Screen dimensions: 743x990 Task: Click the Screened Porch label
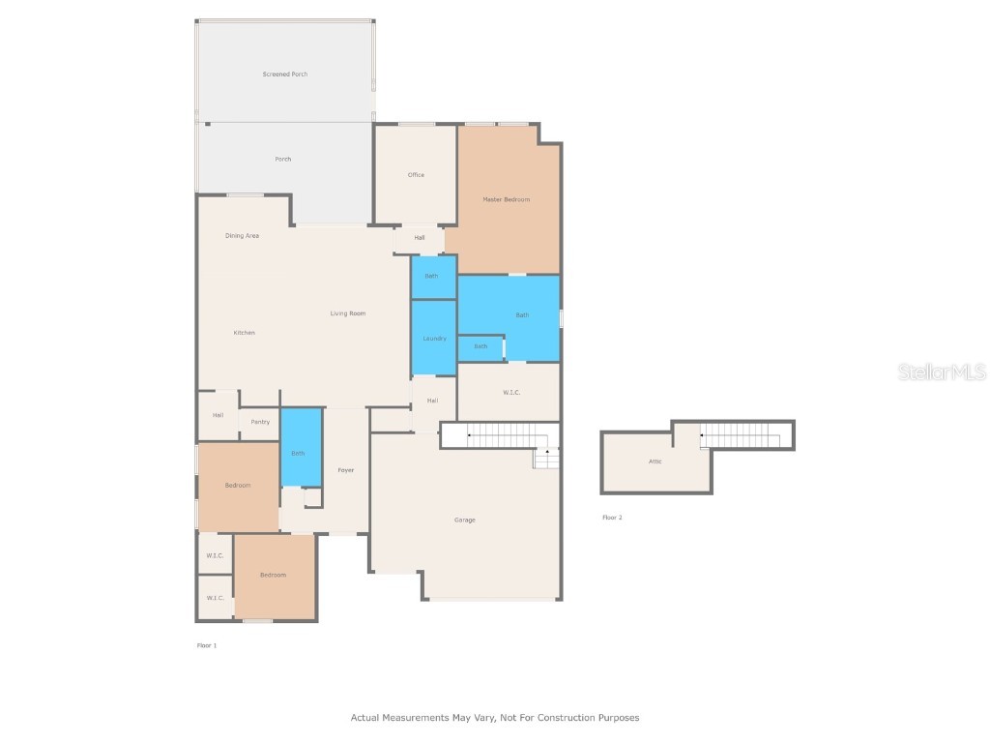tap(285, 74)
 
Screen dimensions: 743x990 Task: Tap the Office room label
tap(416, 175)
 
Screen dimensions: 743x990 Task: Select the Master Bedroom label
tap(507, 199)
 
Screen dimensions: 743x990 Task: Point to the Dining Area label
tap(242, 236)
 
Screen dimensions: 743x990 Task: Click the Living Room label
tap(348, 313)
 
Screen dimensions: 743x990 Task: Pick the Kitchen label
tap(245, 333)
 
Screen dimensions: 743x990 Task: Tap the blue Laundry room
tap(433, 339)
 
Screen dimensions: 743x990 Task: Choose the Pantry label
tap(260, 422)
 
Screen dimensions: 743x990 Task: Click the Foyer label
tap(345, 470)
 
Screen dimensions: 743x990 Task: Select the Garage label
tap(465, 520)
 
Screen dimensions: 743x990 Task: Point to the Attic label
tap(655, 461)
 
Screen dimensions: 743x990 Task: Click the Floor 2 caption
tap(612, 518)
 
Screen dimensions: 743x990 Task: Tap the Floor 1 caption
tap(207, 645)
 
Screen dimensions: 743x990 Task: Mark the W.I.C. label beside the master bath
tap(511, 392)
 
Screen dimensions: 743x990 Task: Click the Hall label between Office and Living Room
tap(420, 238)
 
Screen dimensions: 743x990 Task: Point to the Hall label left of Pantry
tap(218, 415)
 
